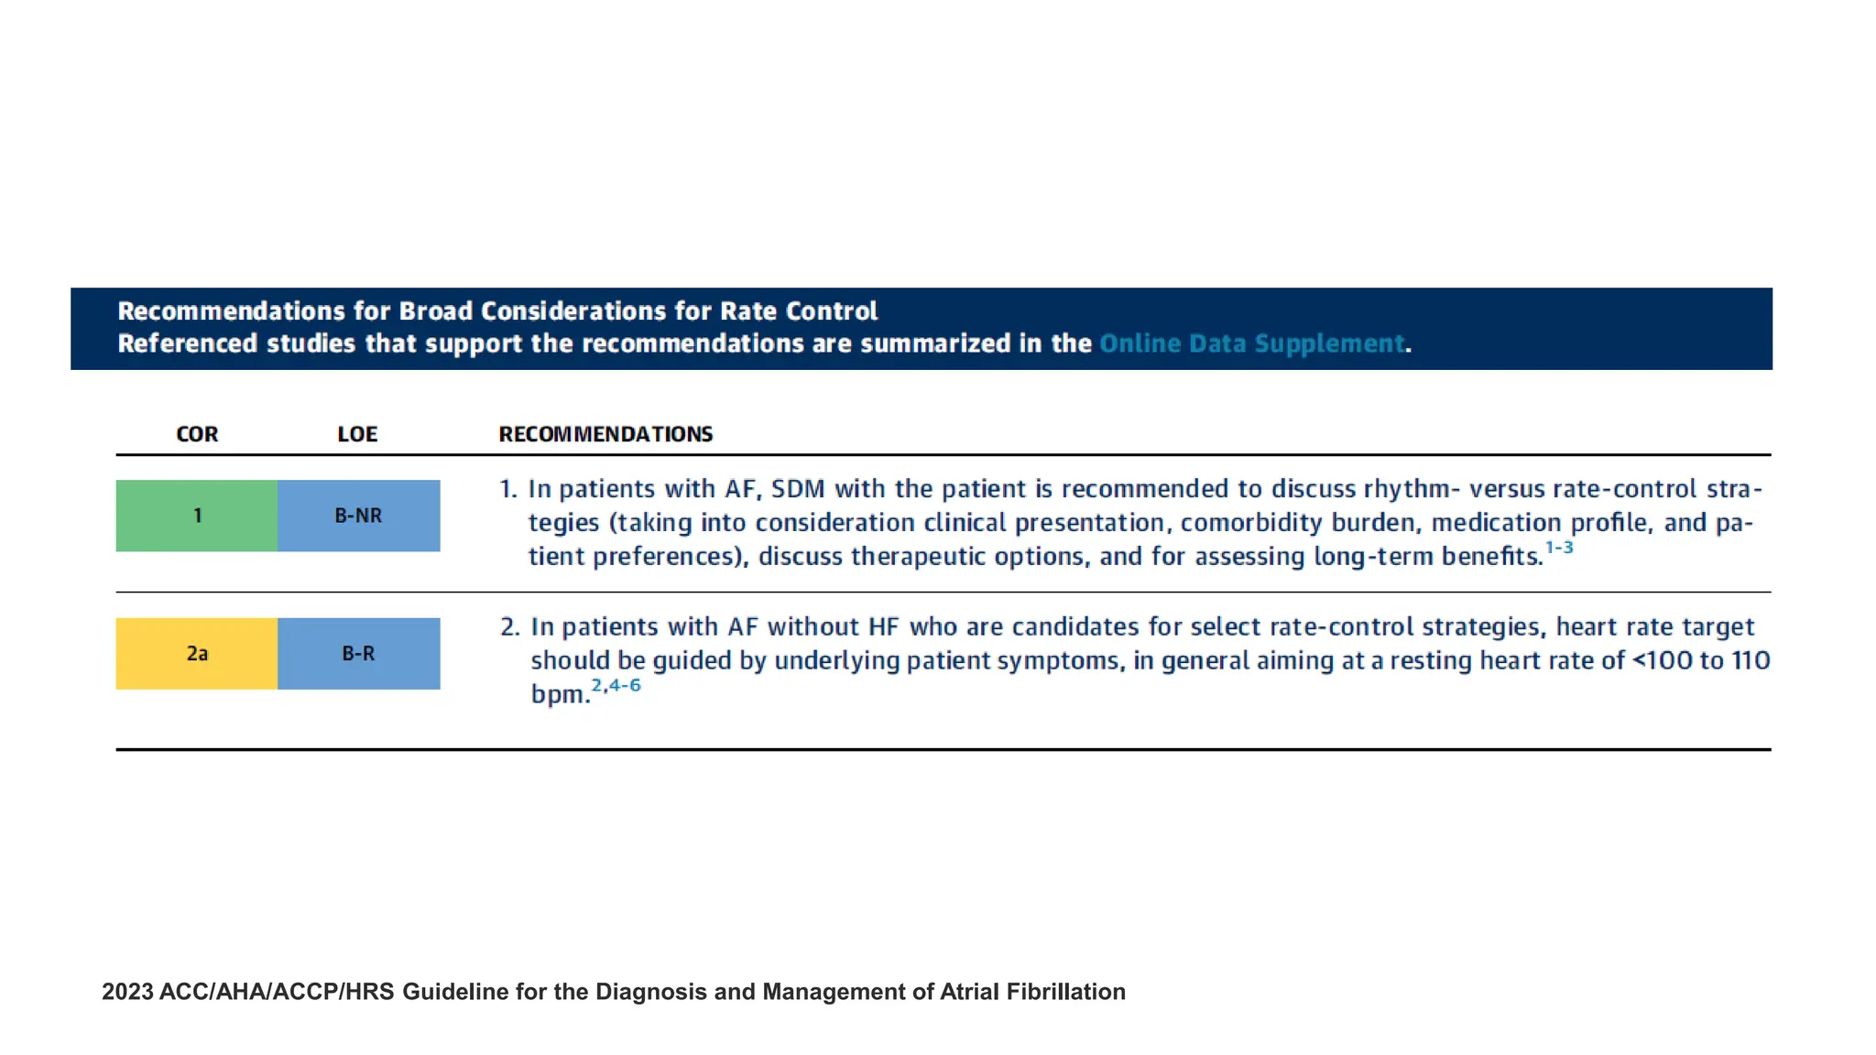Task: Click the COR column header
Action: pos(197,434)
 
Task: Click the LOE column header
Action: pos(357,434)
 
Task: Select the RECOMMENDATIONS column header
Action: pos(605,434)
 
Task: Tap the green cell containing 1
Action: pos(197,516)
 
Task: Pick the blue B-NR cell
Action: pos(358,516)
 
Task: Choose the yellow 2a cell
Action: pos(197,654)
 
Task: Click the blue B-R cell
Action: pos(358,654)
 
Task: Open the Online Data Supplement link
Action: pos(1251,343)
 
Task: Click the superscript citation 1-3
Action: pos(1559,548)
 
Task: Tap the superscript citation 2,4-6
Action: pos(616,686)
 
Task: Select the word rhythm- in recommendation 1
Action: pos(1412,489)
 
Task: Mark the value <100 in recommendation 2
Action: pos(1662,661)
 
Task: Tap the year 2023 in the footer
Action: pos(127,992)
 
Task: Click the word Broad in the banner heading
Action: pos(436,311)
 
